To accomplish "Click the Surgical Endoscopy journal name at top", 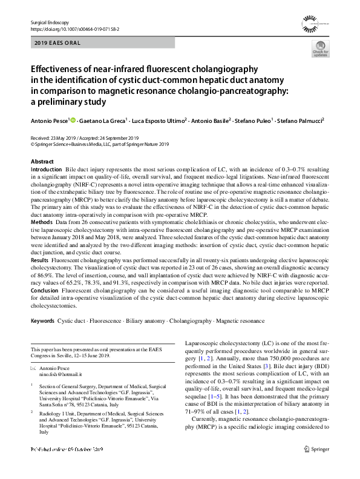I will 48,22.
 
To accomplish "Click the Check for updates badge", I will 320,53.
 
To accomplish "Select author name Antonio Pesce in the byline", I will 50,121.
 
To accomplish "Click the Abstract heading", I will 42,162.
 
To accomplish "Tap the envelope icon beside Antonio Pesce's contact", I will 33,369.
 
